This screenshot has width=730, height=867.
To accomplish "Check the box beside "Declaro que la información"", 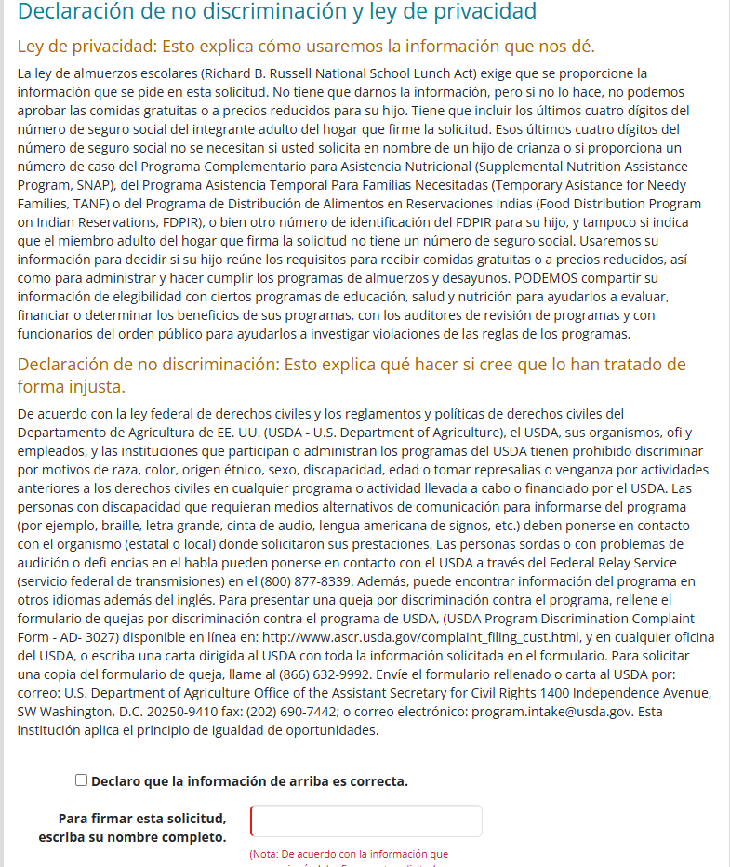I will tap(82, 780).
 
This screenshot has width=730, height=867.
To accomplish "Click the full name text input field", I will tap(366, 821).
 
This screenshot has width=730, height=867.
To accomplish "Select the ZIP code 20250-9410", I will tap(161, 711).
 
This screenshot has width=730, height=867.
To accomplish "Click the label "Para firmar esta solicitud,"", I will tap(142, 819).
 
